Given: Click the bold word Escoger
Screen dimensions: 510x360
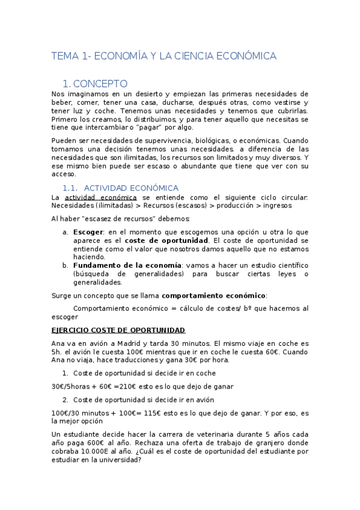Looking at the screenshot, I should coord(88,232).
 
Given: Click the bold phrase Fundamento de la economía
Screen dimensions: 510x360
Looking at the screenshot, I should coord(127,265).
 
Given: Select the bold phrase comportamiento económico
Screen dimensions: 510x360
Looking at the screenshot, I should coord(213,295).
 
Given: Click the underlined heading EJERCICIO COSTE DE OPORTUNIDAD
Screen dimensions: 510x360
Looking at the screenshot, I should coord(118,330).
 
